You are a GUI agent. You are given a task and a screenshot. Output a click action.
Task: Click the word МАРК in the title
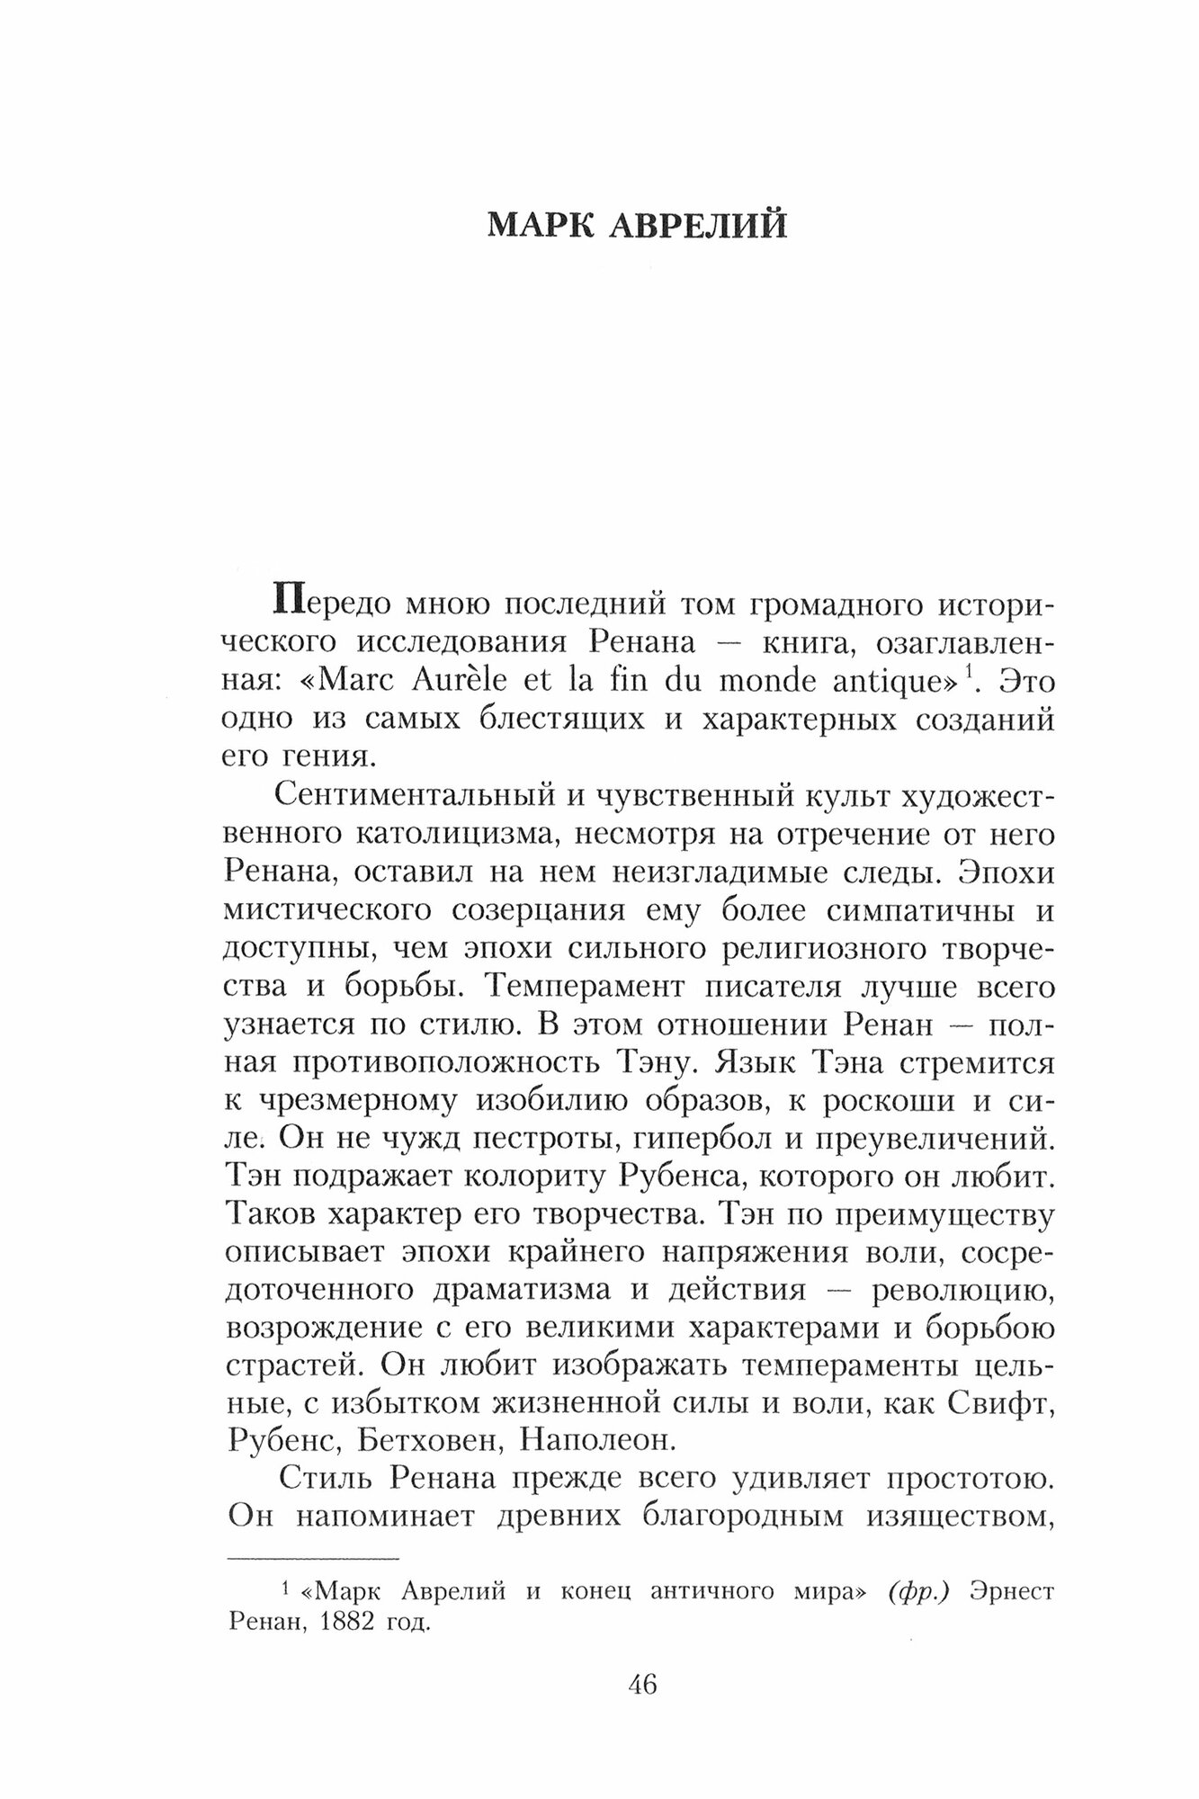[541, 226]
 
